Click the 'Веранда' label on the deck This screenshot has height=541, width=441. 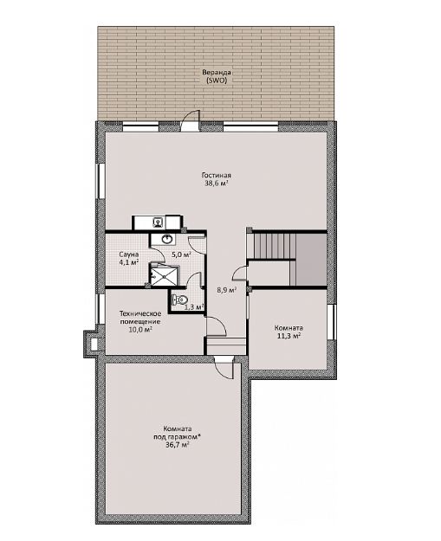coord(217,73)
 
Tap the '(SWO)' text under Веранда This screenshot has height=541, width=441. coord(217,81)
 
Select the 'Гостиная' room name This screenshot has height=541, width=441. coord(217,176)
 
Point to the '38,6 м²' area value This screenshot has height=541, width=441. coord(217,184)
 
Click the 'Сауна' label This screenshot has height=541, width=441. coord(129,254)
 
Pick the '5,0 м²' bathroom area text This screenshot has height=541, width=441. coord(182,254)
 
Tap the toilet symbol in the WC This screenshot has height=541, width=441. coord(179,299)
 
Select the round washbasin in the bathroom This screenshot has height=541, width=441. coord(167,239)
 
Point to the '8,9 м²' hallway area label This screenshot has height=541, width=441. coord(226,290)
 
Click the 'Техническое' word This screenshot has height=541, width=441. coord(140,313)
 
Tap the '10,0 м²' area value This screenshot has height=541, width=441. coord(140,330)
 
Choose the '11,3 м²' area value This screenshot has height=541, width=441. coord(289,336)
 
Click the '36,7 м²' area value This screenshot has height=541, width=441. coord(177,445)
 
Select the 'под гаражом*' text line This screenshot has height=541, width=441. coord(177,437)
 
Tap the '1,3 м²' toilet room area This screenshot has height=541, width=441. coord(194,306)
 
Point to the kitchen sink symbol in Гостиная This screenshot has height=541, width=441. coord(159,222)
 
